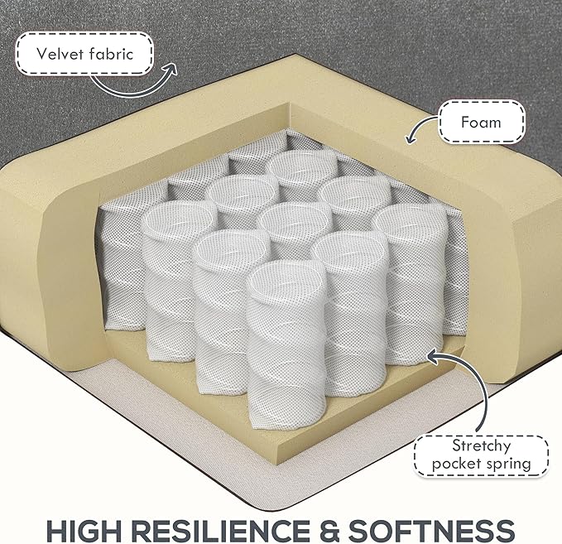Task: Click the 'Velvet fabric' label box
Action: coord(84,55)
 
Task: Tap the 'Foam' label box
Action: coord(482,123)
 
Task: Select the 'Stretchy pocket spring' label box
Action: coord(481,455)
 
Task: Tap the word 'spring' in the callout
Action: coord(507,464)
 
